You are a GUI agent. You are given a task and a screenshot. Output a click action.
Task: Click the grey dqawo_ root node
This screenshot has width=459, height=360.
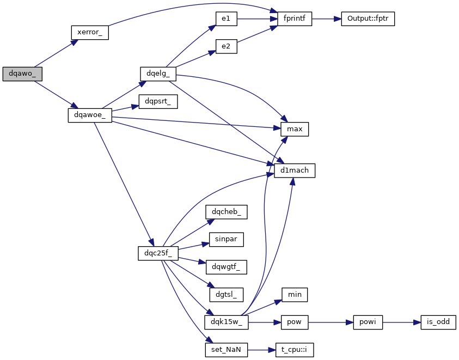tap(22, 74)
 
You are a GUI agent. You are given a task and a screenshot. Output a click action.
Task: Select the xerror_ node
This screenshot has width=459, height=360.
tap(90, 32)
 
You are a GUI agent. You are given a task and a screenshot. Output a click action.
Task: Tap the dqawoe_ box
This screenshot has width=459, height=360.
tap(90, 115)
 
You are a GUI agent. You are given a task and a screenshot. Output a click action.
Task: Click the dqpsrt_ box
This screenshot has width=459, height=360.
tap(158, 101)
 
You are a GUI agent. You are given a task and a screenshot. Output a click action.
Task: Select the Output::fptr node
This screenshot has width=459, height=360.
tap(368, 19)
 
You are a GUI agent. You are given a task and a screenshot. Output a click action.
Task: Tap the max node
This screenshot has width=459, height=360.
tap(295, 129)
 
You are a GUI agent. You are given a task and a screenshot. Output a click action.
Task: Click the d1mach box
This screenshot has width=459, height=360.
tap(295, 170)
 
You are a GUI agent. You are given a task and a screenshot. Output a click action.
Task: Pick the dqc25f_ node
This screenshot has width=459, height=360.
tap(158, 253)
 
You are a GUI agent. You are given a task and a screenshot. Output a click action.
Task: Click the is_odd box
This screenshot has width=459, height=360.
tap(438, 322)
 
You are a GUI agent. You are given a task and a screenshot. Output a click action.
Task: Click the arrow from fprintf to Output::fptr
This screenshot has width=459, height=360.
tap(326, 19)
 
